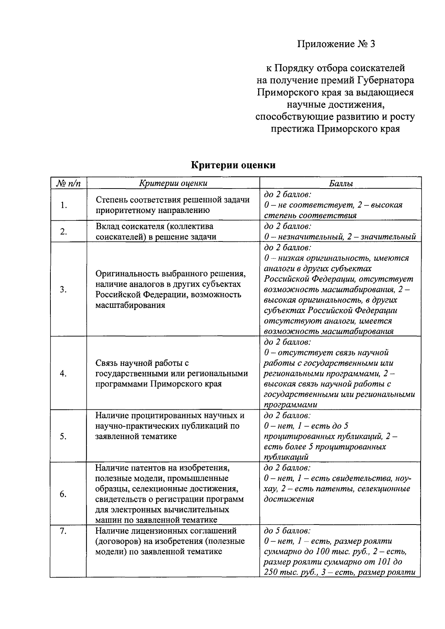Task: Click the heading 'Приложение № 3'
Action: [337, 44]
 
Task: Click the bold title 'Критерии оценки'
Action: [233, 165]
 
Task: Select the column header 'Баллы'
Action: [340, 183]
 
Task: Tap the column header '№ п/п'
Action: [68, 183]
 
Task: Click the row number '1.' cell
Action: [64, 205]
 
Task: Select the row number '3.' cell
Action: [63, 290]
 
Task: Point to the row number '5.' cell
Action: [63, 436]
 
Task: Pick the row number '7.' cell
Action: [63, 531]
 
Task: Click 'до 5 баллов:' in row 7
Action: [287, 531]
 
